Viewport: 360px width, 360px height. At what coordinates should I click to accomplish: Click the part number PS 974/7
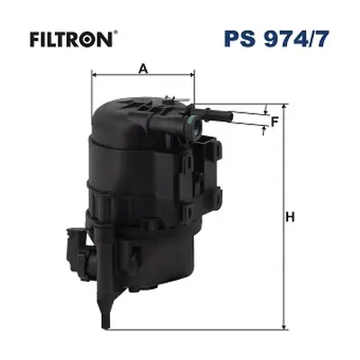coord(276,39)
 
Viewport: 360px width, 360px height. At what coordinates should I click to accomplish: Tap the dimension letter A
coord(144,69)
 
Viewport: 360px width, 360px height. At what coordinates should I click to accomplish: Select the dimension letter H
coord(290,217)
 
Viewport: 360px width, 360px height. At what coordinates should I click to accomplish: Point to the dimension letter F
coord(274,121)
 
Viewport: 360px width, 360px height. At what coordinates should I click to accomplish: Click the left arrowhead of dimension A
coord(94,75)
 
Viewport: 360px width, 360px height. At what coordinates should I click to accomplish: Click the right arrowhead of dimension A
coord(191,75)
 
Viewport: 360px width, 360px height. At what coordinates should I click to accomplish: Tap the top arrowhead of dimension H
coord(283,108)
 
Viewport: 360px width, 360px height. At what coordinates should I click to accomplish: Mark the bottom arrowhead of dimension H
coord(283,327)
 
